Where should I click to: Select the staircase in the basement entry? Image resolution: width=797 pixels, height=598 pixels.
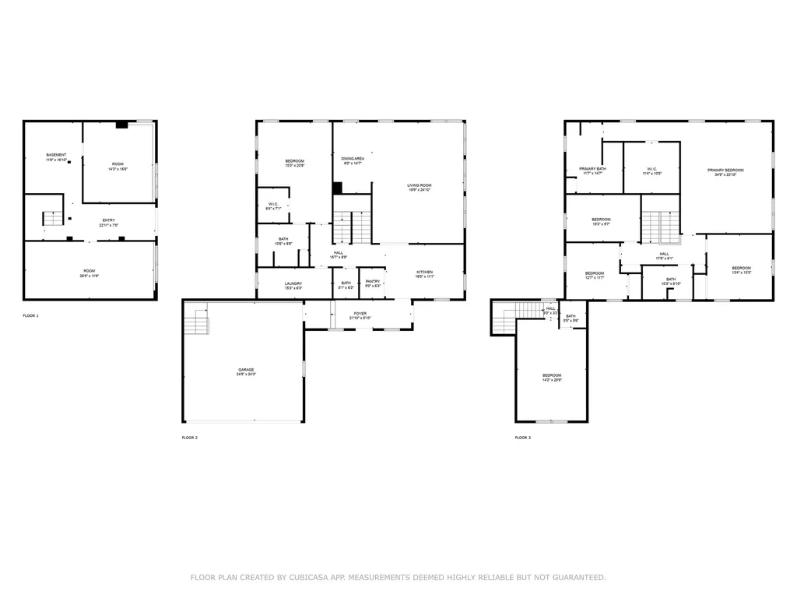click(52, 218)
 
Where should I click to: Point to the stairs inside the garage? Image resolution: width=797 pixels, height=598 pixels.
click(197, 326)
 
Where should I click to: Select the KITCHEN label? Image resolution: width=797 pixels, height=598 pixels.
click(423, 273)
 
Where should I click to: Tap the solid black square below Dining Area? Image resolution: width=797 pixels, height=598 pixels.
click(337, 188)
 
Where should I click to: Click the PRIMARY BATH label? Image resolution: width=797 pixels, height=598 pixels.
click(592, 171)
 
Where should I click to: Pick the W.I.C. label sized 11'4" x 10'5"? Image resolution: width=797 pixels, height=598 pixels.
click(651, 171)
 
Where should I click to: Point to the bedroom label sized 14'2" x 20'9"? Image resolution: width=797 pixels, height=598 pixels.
click(552, 377)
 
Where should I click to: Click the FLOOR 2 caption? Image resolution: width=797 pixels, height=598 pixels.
click(190, 438)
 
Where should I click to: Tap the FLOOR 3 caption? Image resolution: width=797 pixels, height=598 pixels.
click(523, 438)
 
